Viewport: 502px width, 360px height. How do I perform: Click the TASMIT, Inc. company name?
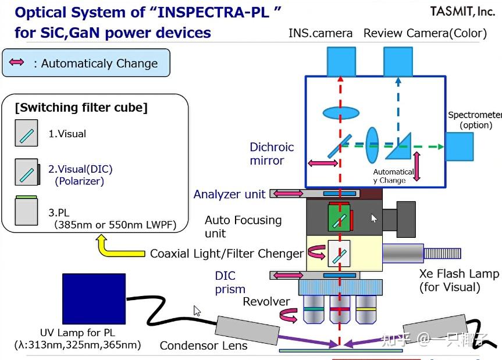point(462,11)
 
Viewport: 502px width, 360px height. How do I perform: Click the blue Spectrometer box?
point(460,148)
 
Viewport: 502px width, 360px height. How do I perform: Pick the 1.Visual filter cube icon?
point(26,133)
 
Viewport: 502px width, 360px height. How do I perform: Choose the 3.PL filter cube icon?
point(26,212)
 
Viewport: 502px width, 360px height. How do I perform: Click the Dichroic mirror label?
point(271,154)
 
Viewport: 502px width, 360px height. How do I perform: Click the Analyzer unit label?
point(229,194)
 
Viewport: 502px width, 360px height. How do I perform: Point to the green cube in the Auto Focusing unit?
point(338,218)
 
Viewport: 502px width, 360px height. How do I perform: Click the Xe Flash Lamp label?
point(459,280)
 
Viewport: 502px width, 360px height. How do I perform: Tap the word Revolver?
point(266,301)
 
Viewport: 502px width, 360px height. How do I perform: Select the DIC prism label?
point(230,282)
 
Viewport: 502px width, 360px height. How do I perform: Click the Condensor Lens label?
point(204,345)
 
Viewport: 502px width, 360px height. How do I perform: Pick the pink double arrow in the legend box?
point(17,62)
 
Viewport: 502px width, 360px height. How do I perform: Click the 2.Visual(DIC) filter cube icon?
point(27,172)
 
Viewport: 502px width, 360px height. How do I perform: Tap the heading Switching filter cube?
point(81,108)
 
